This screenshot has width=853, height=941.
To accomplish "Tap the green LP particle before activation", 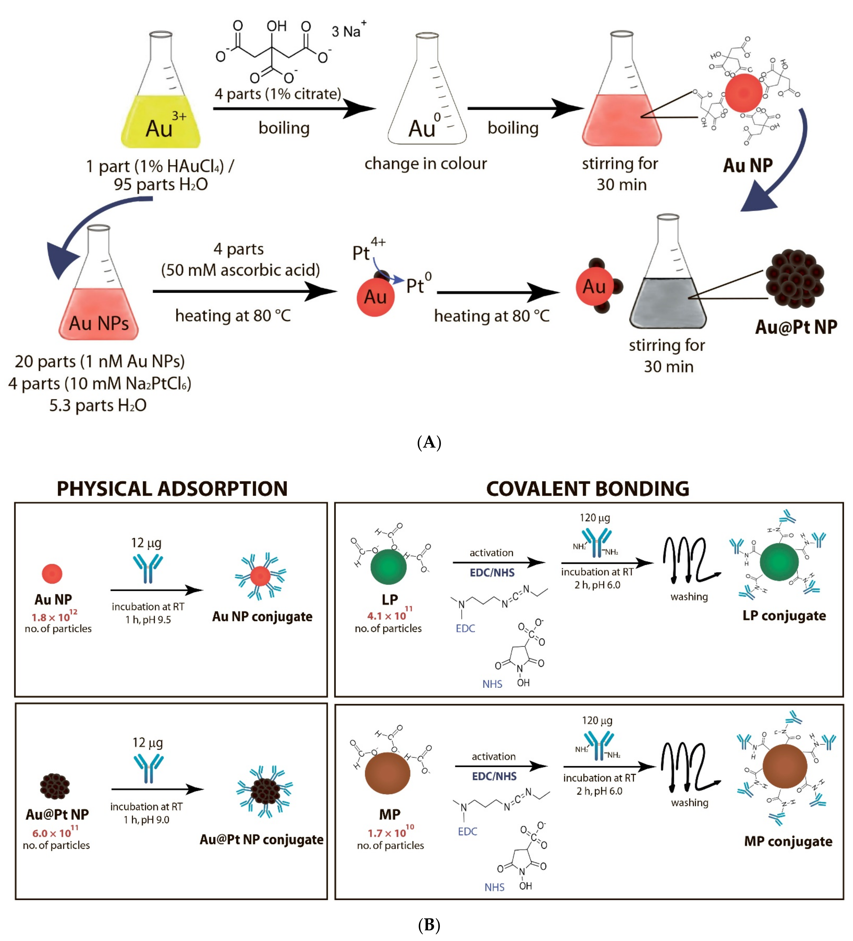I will [x=388, y=567].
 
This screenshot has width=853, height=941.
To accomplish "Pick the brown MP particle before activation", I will [x=387, y=772].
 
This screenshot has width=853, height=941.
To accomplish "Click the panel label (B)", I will [x=428, y=925].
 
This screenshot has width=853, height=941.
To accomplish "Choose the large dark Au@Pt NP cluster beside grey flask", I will [x=795, y=279].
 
